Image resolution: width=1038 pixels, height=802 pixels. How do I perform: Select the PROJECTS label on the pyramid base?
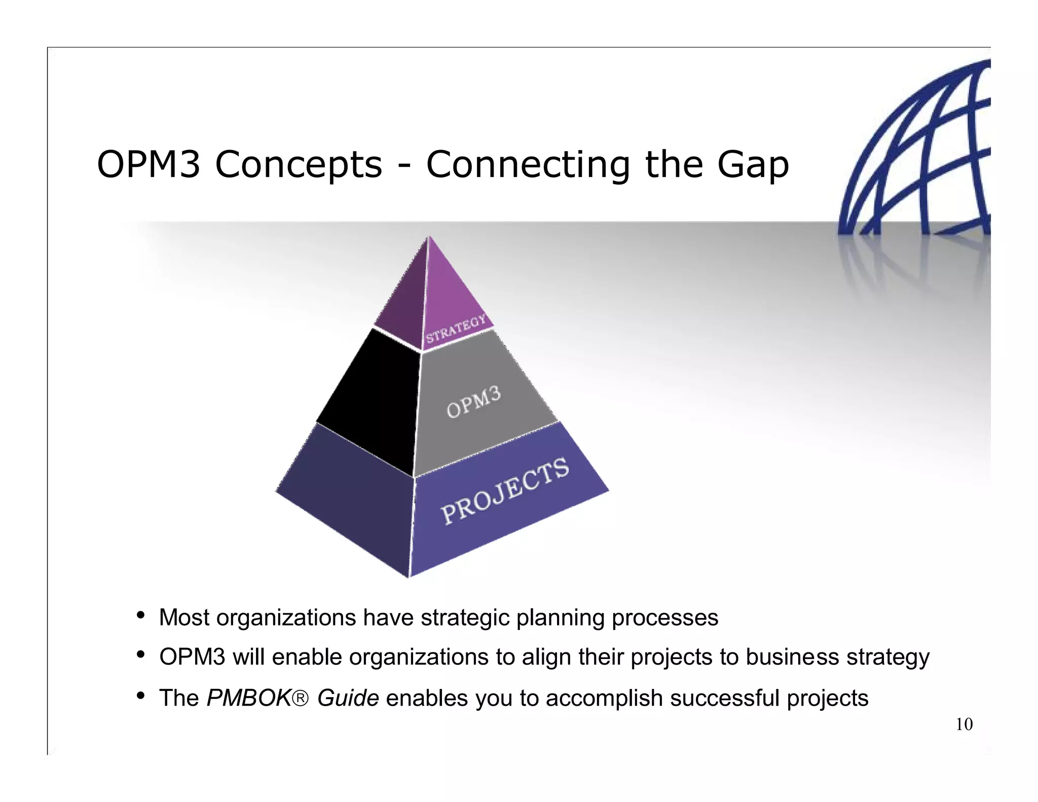[x=505, y=490]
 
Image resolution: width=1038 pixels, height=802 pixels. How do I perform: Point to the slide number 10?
[x=964, y=724]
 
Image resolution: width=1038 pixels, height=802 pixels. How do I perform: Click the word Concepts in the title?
[x=299, y=165]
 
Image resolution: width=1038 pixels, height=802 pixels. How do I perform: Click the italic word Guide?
[x=348, y=698]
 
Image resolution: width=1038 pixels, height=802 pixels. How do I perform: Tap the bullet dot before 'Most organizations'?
[x=141, y=616]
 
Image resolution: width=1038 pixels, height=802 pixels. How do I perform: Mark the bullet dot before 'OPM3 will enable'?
[x=141, y=655]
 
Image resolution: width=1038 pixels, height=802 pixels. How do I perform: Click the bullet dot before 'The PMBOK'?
[x=141, y=696]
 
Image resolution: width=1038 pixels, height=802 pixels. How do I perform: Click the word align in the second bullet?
[x=547, y=658]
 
